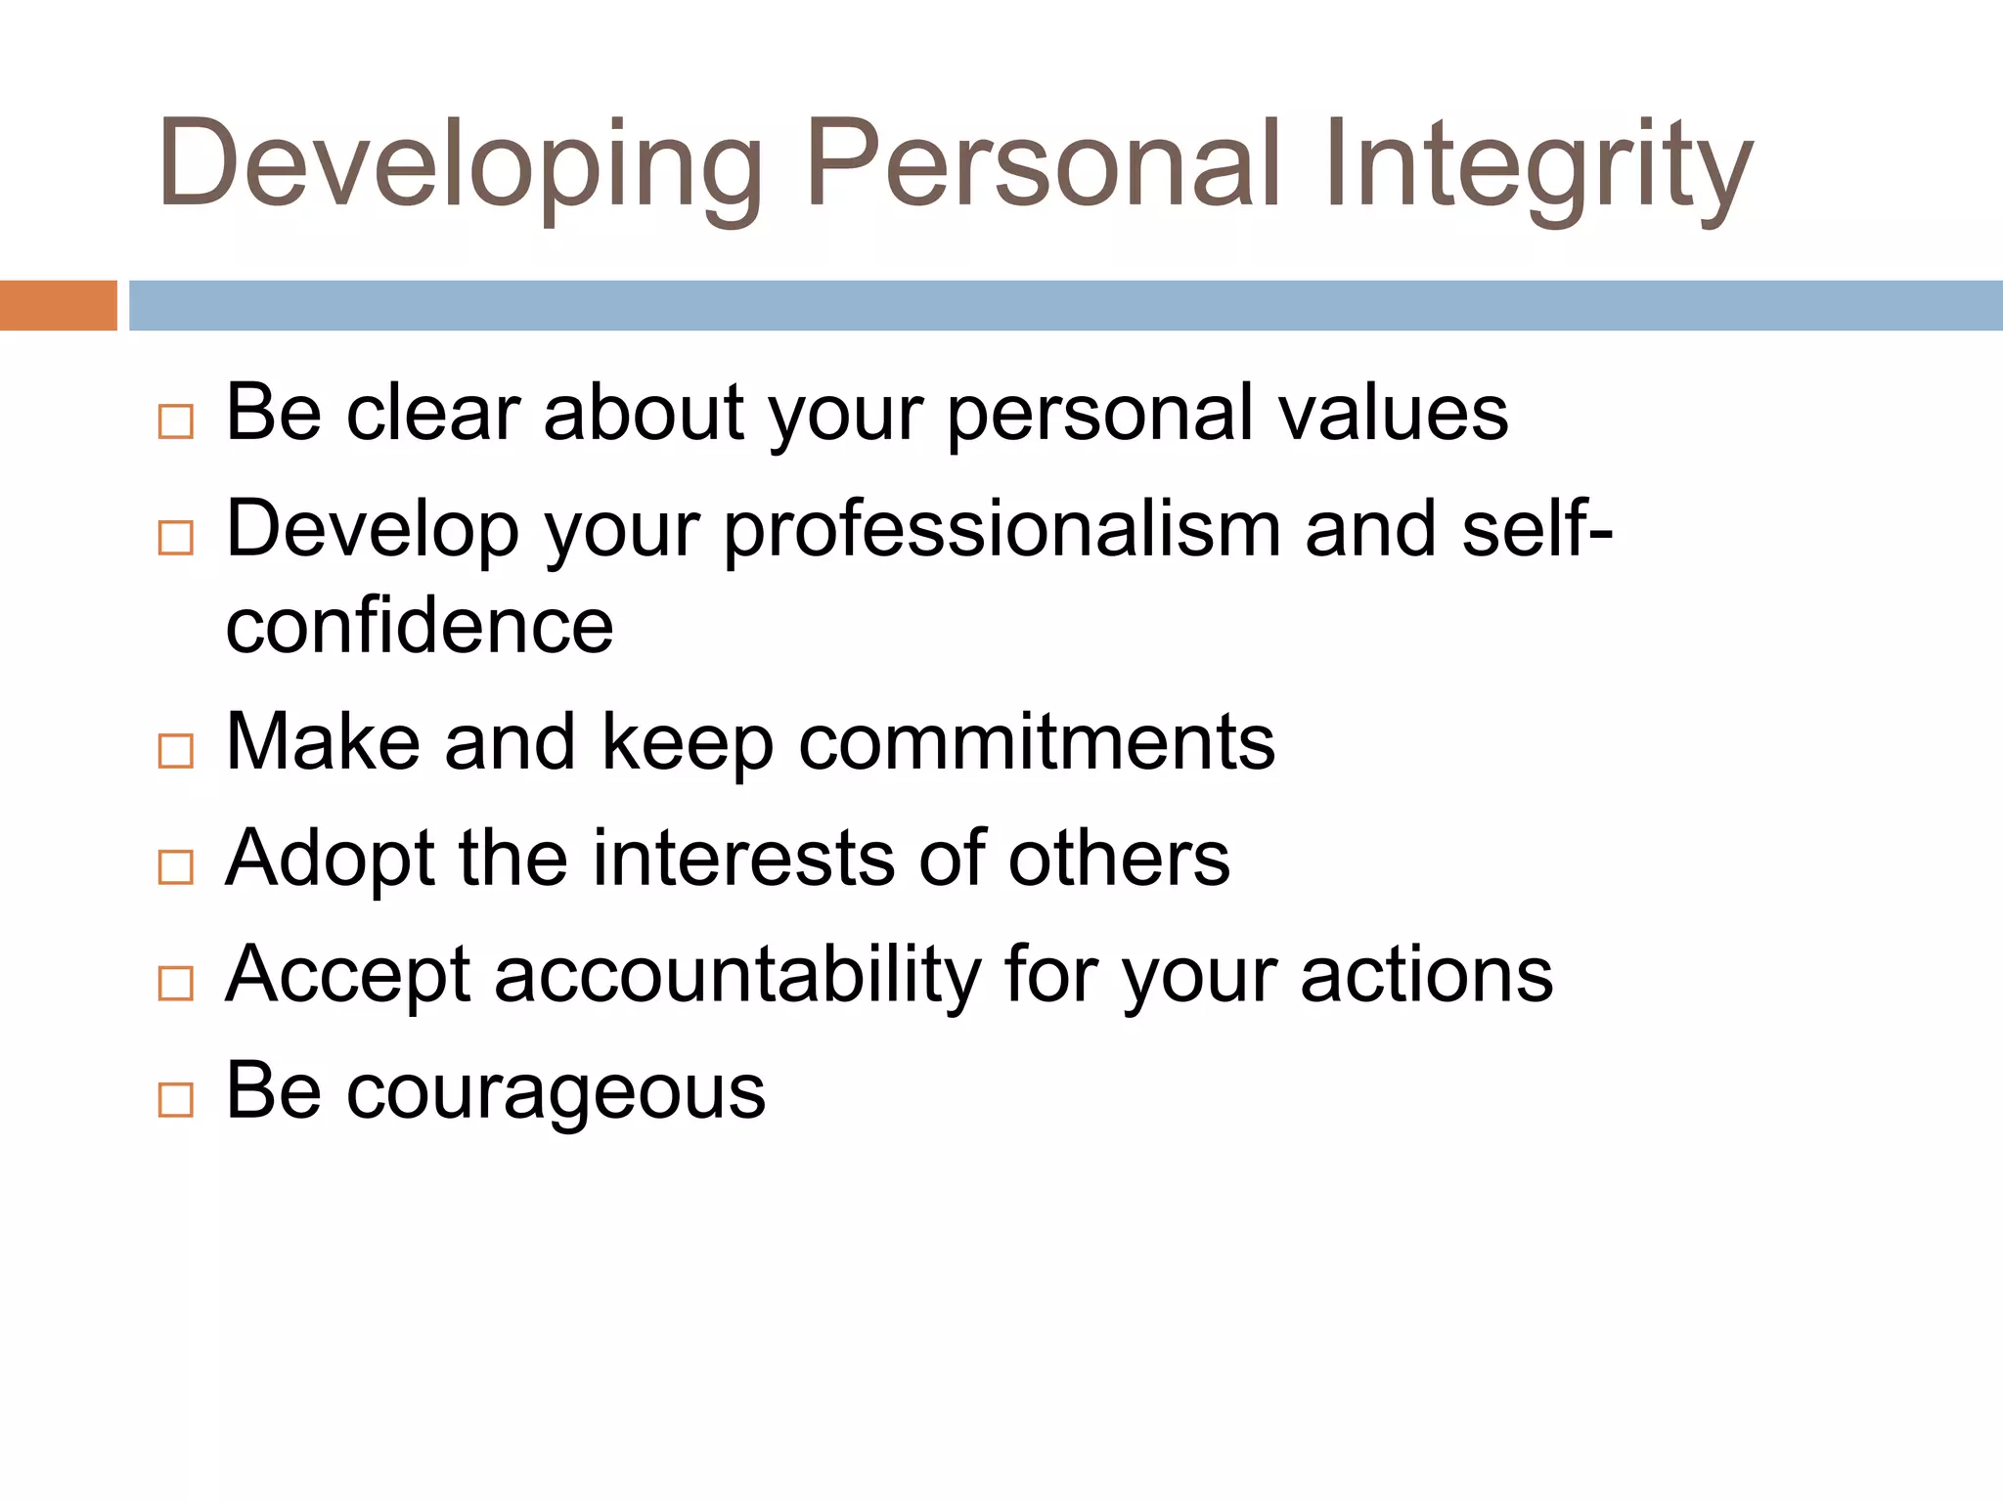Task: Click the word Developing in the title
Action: point(460,166)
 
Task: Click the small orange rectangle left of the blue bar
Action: point(58,305)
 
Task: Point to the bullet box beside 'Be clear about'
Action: point(176,422)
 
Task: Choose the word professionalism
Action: point(1002,530)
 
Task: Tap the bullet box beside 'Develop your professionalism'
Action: point(176,538)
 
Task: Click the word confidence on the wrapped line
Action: point(420,626)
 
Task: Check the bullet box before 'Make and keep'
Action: point(176,751)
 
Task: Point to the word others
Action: point(1119,859)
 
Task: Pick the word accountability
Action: point(737,976)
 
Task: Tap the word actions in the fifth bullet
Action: point(1427,976)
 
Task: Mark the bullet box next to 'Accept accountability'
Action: point(176,983)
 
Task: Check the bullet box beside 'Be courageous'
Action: point(176,1100)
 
